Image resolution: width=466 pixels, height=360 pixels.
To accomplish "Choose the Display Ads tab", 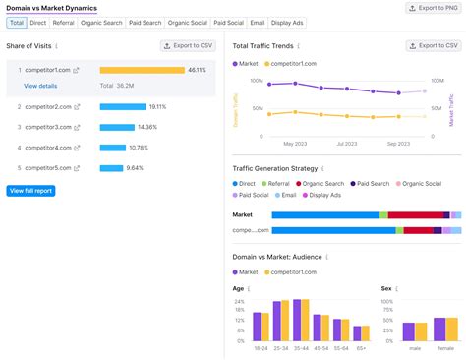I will click(x=289, y=22).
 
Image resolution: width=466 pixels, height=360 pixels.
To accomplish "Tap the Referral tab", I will click(x=63, y=22).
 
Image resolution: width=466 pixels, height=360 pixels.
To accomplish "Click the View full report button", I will click(x=30, y=190).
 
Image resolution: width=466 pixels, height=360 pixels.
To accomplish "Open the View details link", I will click(x=40, y=86).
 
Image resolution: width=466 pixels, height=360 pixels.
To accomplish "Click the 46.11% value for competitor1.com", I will click(x=197, y=70).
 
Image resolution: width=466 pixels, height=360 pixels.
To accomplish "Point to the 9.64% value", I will click(x=136, y=168).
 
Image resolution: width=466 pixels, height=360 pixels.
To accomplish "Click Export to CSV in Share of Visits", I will click(x=188, y=45).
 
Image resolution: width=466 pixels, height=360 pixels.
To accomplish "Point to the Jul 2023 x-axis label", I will click(x=347, y=144).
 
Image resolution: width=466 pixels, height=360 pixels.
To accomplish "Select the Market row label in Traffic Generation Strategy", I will click(x=243, y=213).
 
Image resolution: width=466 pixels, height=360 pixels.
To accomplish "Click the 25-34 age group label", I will click(x=281, y=347).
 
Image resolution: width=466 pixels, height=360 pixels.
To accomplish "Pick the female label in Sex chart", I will click(x=445, y=347).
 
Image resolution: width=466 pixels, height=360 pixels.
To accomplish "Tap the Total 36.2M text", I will click(x=117, y=86).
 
